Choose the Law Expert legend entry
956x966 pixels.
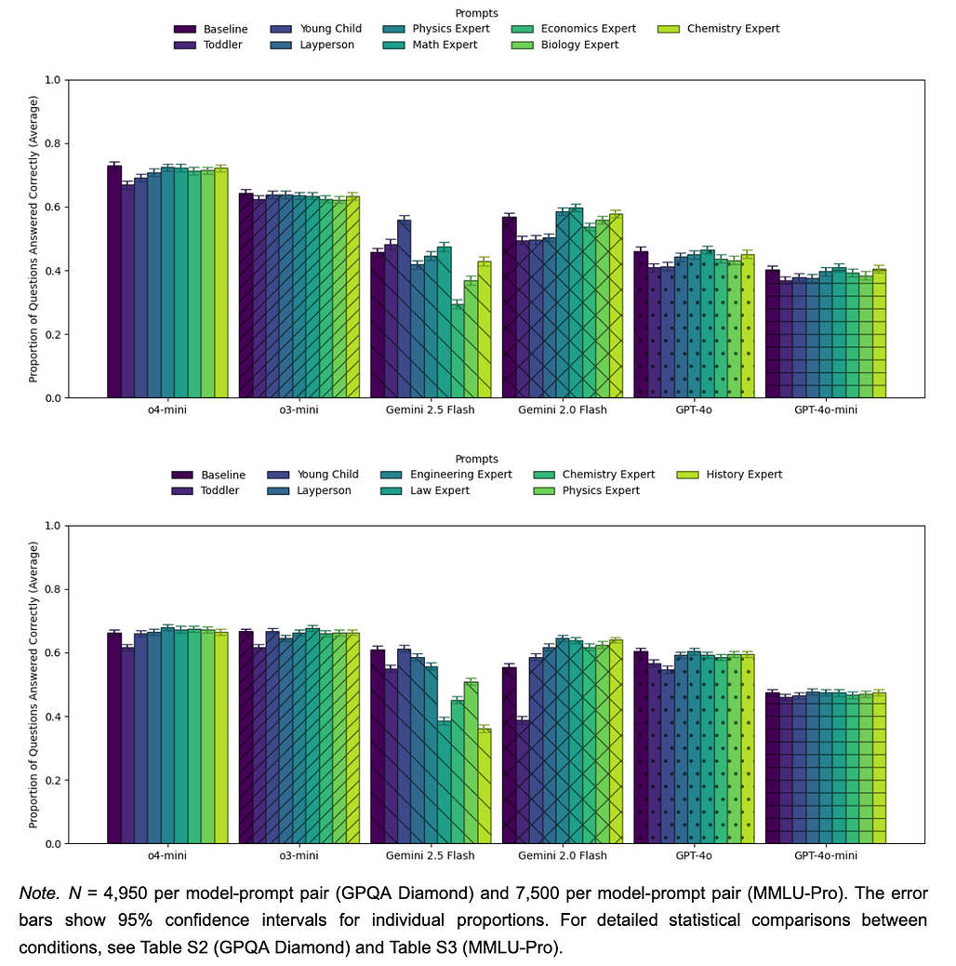coord(440,490)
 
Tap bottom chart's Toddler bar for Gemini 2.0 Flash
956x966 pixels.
coord(523,781)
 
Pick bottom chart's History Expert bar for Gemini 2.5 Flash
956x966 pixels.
coord(484,786)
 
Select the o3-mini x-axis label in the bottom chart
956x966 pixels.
coord(299,856)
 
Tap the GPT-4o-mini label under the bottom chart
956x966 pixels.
coord(826,856)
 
